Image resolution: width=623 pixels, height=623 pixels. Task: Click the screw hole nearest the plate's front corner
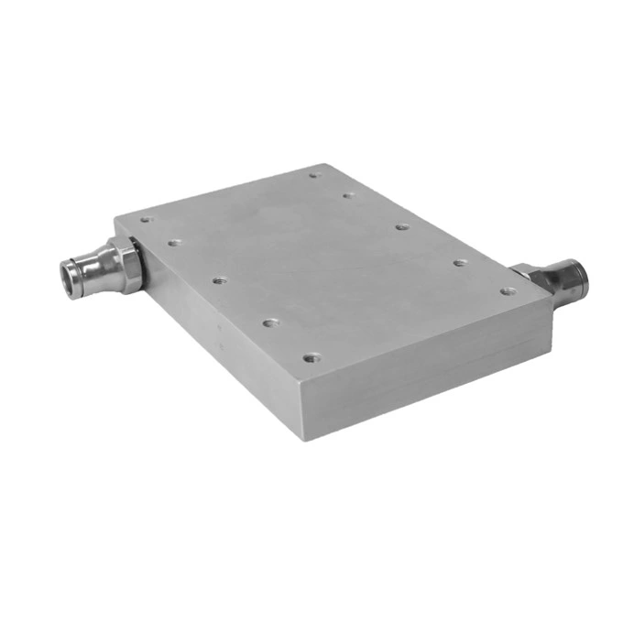(x=311, y=357)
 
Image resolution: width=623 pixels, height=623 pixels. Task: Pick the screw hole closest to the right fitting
(x=507, y=291)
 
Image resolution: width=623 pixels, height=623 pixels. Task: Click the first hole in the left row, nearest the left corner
(x=144, y=219)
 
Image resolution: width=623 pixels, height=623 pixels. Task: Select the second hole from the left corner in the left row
(x=174, y=243)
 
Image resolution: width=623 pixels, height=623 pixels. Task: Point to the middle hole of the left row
(x=218, y=279)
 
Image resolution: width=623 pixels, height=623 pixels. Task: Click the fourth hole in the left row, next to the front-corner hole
(x=269, y=322)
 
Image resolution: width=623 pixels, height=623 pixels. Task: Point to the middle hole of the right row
(x=401, y=225)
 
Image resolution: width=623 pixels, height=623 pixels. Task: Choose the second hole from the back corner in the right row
(x=347, y=194)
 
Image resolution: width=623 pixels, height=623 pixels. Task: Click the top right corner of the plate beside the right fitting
(x=552, y=300)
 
